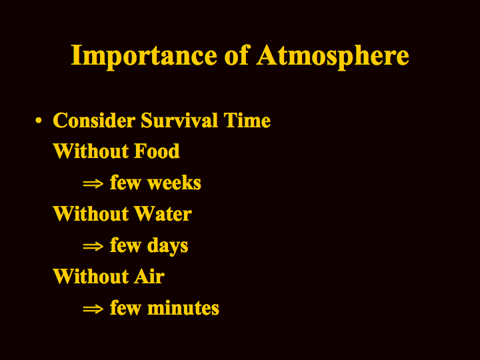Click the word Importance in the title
tap(144, 57)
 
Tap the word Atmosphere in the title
tap(333, 57)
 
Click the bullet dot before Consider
tap(38, 120)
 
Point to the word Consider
tap(94, 120)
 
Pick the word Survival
tap(179, 120)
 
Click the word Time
tap(247, 120)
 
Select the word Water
tap(163, 214)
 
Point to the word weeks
tap(174, 183)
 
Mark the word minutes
tap(183, 308)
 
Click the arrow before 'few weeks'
tap(93, 184)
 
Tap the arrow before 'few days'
tap(93, 246)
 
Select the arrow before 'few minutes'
tap(93, 309)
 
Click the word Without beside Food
tap(91, 151)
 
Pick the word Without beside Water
tap(91, 214)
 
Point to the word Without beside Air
tap(91, 277)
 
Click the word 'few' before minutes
tap(126, 307)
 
